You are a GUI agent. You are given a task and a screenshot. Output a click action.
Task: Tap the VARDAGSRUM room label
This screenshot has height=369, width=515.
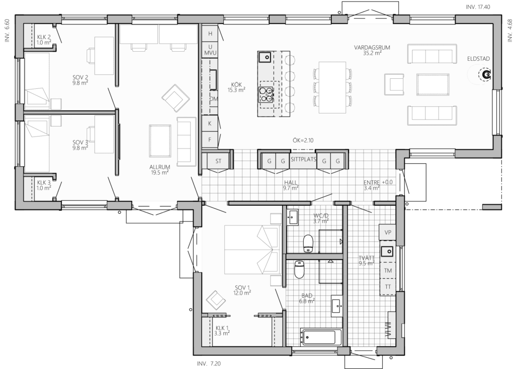tap(372, 48)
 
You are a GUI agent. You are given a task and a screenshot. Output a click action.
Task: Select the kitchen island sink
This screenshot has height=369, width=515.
tap(264, 57)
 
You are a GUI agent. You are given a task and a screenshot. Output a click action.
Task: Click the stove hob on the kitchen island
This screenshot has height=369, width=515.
tap(266, 94)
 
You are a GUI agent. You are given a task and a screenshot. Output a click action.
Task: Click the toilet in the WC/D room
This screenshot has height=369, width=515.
tap(308, 243)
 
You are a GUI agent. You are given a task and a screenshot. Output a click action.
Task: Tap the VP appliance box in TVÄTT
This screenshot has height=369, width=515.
tap(388, 232)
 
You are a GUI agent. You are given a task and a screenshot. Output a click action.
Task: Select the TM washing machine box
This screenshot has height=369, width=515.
tap(388, 271)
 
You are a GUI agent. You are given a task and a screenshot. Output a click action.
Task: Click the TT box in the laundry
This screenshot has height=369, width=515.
tap(388, 287)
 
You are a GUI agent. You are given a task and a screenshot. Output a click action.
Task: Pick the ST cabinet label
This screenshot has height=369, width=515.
tap(218, 161)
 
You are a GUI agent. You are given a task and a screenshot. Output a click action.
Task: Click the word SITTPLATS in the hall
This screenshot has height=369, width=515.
tap(303, 160)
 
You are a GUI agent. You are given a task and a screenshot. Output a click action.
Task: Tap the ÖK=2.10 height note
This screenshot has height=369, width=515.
tap(303, 141)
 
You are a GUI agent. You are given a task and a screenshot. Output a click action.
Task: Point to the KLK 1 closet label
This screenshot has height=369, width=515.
tap(222, 328)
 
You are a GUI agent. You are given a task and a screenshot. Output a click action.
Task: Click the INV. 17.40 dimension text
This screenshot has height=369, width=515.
tap(478, 7)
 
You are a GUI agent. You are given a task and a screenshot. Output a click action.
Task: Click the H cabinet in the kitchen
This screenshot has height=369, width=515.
tap(210, 34)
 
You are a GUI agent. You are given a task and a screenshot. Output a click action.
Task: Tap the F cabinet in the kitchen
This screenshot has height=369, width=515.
tap(210, 140)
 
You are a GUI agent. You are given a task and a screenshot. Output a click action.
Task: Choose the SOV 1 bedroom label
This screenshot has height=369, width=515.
tap(242, 288)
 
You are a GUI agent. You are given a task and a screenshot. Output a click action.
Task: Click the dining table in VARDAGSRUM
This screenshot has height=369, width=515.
tap(332, 87)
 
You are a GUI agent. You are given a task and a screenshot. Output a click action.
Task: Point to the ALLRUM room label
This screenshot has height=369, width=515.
tap(159, 167)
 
